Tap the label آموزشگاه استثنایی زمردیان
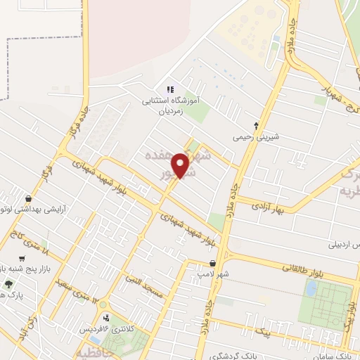coord(169,106)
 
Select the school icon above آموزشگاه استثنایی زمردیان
coord(169,90)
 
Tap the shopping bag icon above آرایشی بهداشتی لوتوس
coord(27,199)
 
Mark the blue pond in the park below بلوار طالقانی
coord(310,288)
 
